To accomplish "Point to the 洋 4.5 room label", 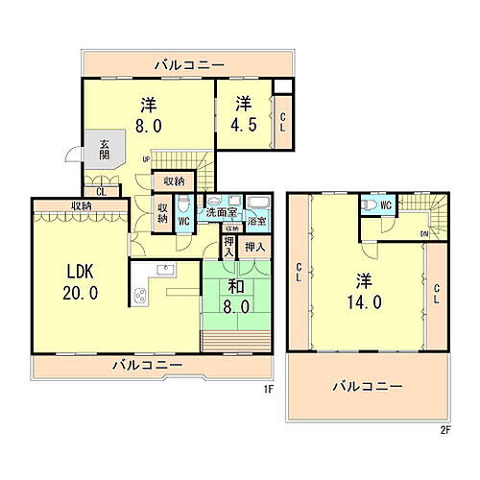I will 244,113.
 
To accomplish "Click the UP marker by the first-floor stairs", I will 146,159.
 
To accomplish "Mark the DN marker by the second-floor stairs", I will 423,234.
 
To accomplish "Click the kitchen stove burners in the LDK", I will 140,297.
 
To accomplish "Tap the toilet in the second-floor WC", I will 368,205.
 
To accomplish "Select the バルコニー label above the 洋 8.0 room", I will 189,64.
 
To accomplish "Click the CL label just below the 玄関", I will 101,191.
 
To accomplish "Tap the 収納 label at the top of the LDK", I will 80,205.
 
